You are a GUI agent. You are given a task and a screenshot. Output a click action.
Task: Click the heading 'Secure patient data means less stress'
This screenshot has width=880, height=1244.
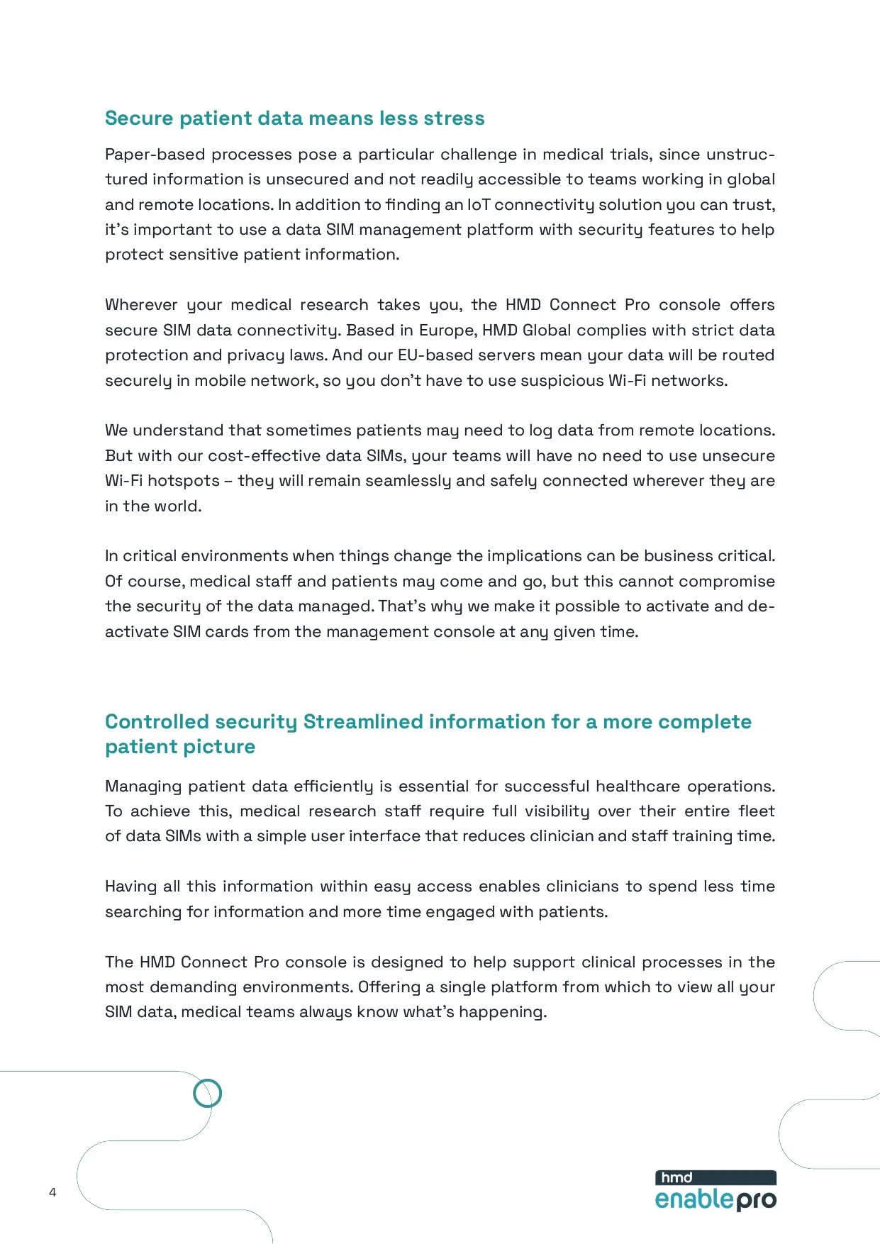[294, 118]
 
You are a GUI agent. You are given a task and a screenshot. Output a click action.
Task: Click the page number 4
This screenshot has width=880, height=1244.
[52, 1192]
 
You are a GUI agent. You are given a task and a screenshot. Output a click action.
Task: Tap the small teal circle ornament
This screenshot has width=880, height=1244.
[207, 1093]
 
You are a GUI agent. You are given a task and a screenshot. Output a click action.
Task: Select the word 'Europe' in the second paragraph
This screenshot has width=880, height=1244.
[447, 331]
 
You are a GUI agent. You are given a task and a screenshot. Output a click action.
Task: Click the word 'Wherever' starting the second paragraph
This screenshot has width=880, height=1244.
[141, 305]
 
